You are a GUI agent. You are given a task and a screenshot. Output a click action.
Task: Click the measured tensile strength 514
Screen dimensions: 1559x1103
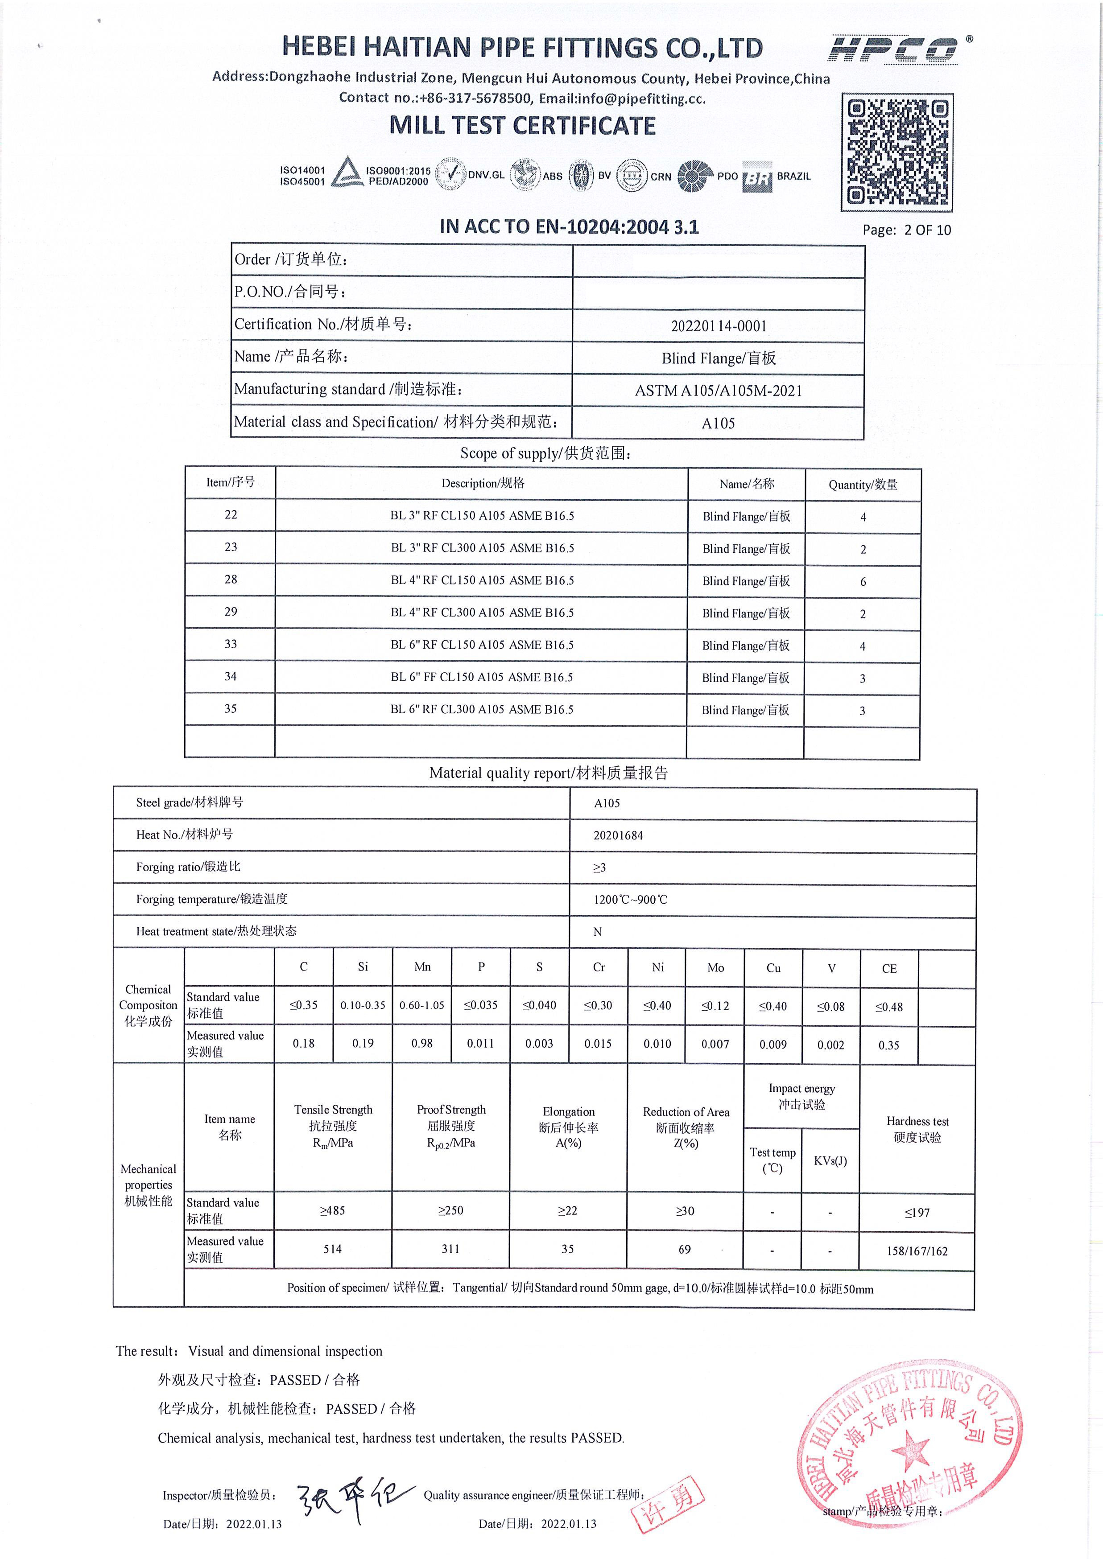332,1249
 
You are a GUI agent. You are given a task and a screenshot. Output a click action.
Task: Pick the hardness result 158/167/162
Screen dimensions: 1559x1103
917,1251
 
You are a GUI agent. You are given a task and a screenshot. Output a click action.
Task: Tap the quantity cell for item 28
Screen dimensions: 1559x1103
863,582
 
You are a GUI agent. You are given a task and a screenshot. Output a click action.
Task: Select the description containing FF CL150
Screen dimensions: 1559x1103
482,677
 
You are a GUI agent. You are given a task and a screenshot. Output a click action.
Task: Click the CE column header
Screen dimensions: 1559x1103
889,968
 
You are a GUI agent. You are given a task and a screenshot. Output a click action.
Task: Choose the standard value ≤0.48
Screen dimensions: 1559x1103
889,1006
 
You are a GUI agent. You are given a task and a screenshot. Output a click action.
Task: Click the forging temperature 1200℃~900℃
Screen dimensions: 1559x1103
630,900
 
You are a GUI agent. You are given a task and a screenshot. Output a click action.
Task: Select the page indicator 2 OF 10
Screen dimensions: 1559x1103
927,230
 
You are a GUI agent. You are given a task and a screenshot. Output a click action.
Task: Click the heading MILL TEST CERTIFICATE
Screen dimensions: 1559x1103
522,126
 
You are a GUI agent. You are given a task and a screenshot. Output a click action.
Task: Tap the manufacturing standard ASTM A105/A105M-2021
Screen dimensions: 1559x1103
719,391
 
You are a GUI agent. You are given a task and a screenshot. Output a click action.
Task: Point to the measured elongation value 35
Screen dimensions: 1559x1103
568,1249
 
